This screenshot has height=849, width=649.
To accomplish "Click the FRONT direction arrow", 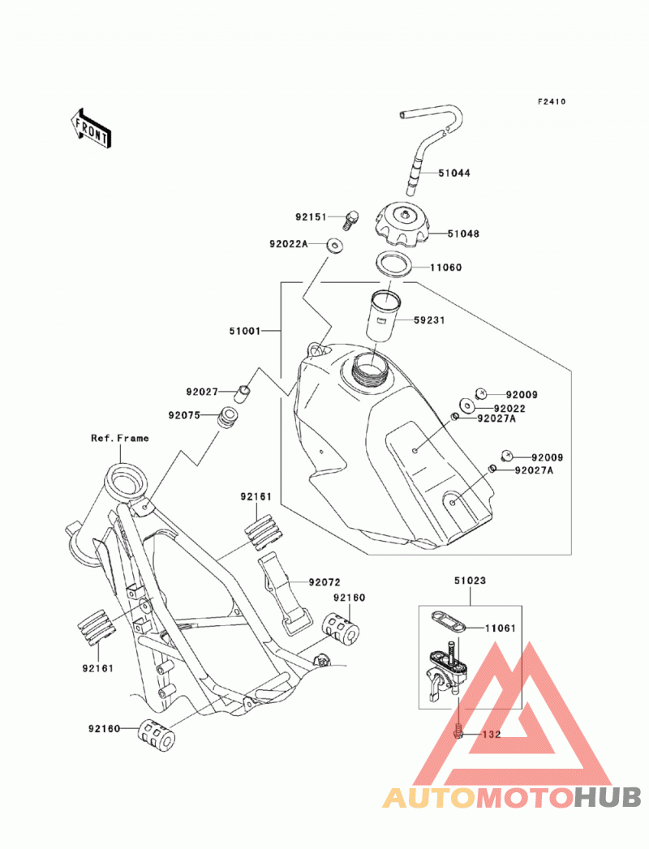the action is click(x=91, y=129).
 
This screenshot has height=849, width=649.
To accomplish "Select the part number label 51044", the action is click(x=454, y=174).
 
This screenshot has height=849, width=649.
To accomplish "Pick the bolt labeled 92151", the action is click(x=350, y=220).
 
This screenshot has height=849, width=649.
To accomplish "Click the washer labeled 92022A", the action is click(x=335, y=245).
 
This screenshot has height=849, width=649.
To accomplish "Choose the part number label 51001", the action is click(x=245, y=331).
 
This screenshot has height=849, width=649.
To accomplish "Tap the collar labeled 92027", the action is click(x=243, y=393).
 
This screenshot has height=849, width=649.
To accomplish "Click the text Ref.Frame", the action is click(x=120, y=438).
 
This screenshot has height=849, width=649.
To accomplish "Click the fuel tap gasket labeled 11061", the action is click(x=449, y=622).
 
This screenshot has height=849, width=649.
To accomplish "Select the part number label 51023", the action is click(x=470, y=581).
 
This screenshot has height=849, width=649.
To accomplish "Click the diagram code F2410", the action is click(x=552, y=101).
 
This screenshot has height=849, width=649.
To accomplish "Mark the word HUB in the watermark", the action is click(x=608, y=797).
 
